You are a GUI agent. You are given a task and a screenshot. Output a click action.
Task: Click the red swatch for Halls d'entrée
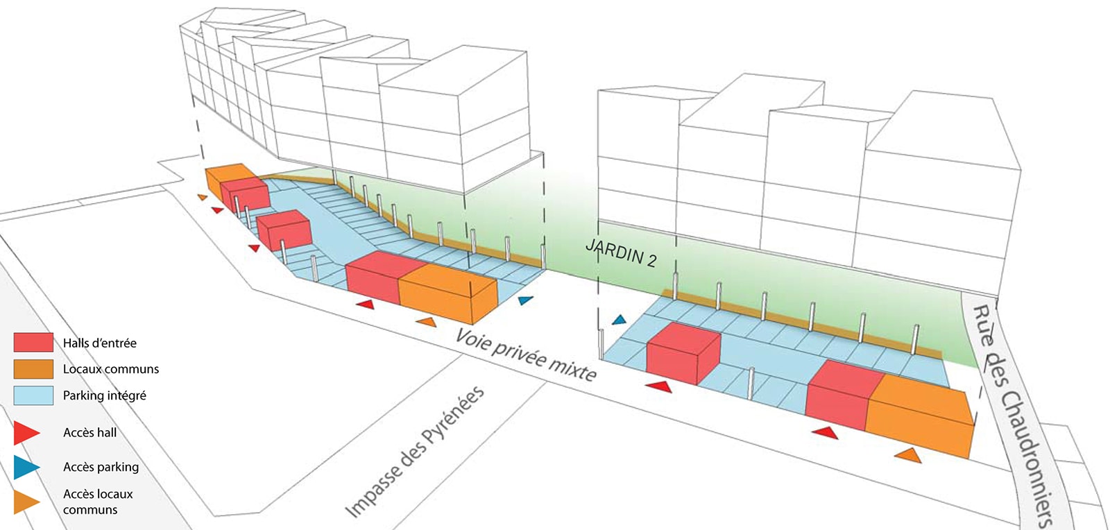pos(33,342)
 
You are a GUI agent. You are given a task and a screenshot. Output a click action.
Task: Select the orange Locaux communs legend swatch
pos(33,368)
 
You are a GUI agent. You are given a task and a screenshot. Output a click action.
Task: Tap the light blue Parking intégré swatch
pos(33,395)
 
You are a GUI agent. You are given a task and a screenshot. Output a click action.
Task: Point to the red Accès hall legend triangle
pos(25,433)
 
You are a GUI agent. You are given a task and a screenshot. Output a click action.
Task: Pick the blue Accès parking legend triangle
pos(25,467)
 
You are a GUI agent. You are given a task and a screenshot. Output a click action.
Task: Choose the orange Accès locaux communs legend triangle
pos(25,502)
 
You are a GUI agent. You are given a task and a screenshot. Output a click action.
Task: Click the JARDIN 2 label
pos(621,253)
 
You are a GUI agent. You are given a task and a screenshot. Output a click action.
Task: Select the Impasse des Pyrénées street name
pos(414,452)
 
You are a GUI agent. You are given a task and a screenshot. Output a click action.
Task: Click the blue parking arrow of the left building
pos(527,300)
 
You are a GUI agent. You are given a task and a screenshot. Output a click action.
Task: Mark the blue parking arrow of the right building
pos(619,320)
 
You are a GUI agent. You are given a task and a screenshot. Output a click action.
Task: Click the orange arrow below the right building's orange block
pos(909,455)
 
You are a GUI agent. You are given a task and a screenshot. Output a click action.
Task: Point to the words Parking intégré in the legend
pos(104,395)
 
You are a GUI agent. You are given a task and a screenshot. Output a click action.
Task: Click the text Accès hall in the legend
pos(89,433)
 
